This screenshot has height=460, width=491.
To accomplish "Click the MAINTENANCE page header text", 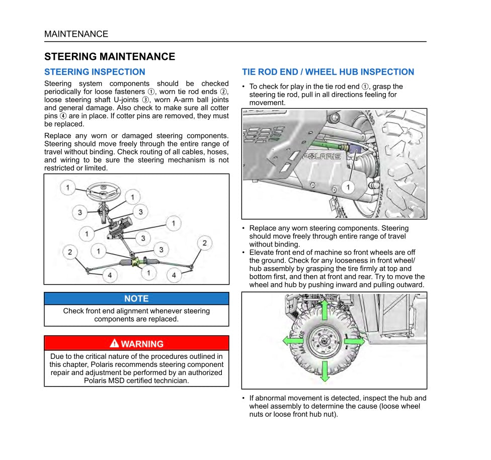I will (76, 34).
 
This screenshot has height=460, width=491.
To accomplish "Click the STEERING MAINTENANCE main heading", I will (110, 56).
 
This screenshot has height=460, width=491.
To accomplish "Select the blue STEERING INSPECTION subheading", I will (95, 72).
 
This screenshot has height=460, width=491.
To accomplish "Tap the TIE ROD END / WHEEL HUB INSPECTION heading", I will (328, 72).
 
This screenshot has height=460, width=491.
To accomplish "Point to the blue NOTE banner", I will (136, 298).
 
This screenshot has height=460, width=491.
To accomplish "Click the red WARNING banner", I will (136, 344).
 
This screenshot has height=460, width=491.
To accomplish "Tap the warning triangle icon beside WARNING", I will (114, 343).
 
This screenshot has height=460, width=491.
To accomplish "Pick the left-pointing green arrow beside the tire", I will (293, 341).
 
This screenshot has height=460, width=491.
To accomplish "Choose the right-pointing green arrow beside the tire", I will (355, 341).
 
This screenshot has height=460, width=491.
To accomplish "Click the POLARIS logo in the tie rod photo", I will (322, 157).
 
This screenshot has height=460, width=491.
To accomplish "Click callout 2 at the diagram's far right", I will (204, 243).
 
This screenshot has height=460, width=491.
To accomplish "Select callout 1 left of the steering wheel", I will (68, 188).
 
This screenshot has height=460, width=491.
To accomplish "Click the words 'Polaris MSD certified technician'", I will (136, 380).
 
